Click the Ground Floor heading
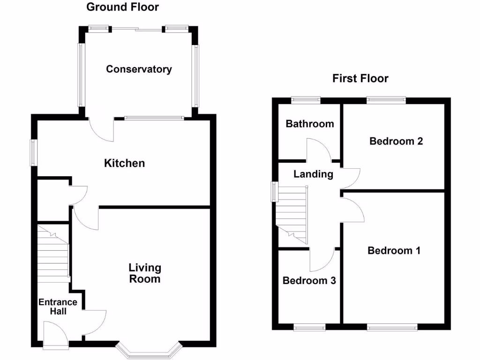click(123, 7)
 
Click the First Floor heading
click(360, 78)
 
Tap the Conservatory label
click(139, 69)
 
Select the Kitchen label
click(124, 163)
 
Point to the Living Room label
click(145, 273)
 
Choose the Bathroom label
click(310, 124)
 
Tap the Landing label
click(313, 174)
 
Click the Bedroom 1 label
click(394, 251)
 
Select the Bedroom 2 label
click(396, 141)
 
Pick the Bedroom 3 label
click(309, 281)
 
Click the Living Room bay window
click(148, 351)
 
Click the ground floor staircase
click(53, 255)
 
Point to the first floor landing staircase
click(291, 213)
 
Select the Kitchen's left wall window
click(33, 152)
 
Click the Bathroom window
click(305, 99)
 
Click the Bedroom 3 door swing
click(322, 260)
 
